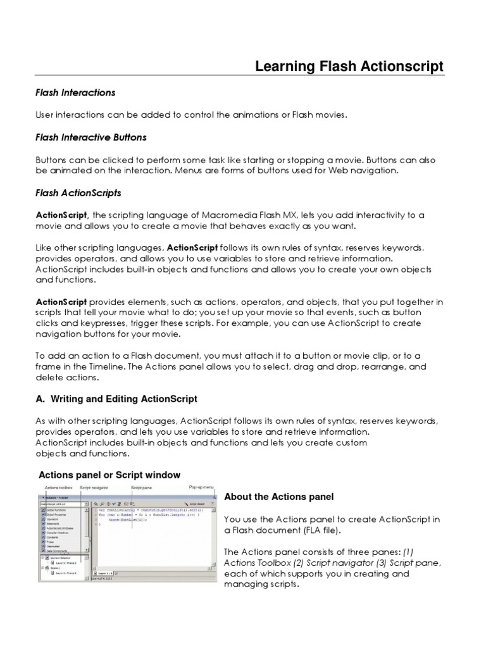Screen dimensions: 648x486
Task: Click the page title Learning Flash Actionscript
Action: pos(349,66)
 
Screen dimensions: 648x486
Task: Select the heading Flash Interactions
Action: pos(75,92)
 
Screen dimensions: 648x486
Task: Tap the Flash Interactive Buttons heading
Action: pos(90,137)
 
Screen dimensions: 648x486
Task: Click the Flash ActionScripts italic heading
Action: pos(78,192)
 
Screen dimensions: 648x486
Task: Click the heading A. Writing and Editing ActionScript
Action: pos(116,399)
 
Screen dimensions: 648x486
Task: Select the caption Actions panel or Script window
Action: pos(109,475)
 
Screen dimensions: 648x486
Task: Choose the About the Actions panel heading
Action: pos(279,496)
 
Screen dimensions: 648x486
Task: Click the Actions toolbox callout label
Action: pos(58,487)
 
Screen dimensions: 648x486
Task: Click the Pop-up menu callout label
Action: pos(202,487)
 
